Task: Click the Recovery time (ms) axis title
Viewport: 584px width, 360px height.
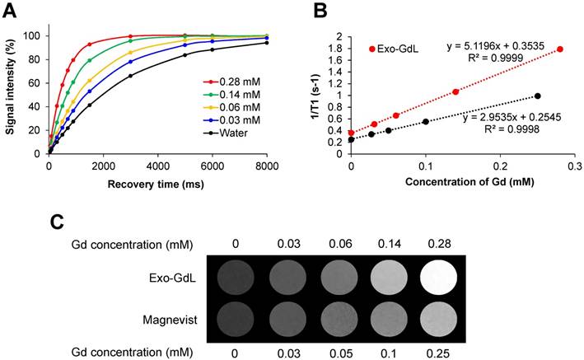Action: point(158,181)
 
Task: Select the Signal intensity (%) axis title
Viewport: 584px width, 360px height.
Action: point(11,83)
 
